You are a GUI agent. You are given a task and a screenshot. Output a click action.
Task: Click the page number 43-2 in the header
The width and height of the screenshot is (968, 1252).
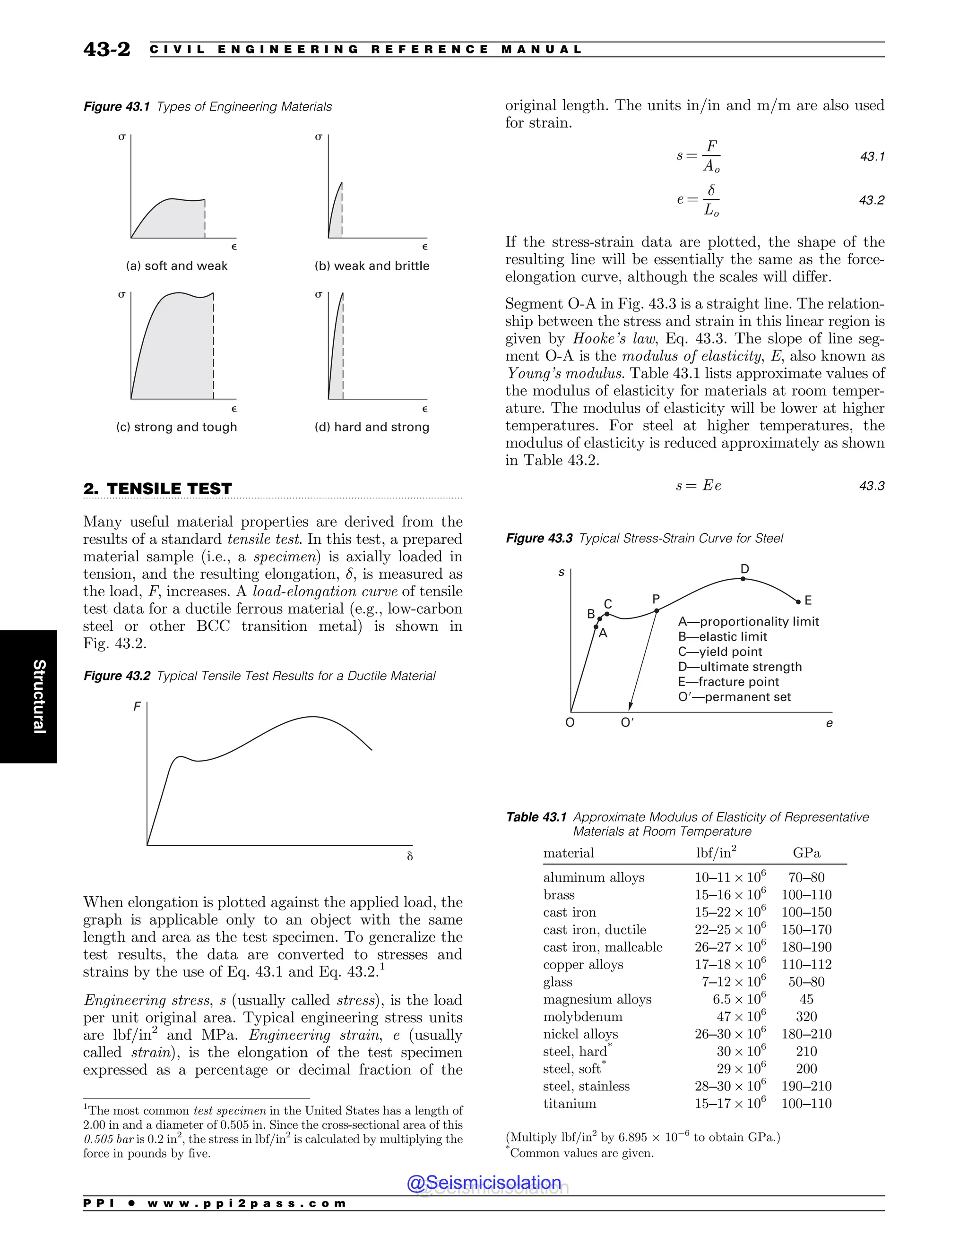pyautogui.click(x=107, y=49)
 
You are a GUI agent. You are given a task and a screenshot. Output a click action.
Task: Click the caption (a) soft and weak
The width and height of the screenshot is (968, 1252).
pyautogui.click(x=177, y=266)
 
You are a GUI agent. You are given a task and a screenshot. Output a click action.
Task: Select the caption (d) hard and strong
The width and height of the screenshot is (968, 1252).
pyautogui.click(x=372, y=427)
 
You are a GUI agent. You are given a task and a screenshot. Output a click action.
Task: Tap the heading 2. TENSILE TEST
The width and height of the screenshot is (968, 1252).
pyautogui.click(x=158, y=489)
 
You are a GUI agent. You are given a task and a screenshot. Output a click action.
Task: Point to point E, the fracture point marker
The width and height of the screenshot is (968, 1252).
pyautogui.click(x=798, y=602)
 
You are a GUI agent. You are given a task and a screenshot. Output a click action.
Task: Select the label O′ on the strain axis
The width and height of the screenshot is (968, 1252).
pyautogui.click(x=627, y=723)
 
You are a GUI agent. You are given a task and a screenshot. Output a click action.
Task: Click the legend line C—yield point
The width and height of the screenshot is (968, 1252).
pyautogui.click(x=720, y=652)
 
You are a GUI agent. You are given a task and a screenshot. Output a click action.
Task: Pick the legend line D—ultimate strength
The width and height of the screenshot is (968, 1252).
pyautogui.click(x=740, y=667)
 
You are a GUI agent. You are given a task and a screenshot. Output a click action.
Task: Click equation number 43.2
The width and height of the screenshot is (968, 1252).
pyautogui.click(x=871, y=200)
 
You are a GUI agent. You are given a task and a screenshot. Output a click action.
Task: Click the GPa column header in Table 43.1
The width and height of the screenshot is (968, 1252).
pyautogui.click(x=806, y=853)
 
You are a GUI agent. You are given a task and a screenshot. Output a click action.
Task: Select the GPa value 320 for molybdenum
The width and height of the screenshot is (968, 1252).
pyautogui.click(x=806, y=1016)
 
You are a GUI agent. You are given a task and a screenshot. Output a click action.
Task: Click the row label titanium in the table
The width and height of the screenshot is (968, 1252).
pyautogui.click(x=570, y=1104)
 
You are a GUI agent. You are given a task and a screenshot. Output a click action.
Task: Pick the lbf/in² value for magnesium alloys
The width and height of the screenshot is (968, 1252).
pyautogui.click(x=739, y=999)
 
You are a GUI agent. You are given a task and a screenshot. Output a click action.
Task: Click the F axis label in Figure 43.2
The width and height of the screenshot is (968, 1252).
pyautogui.click(x=137, y=707)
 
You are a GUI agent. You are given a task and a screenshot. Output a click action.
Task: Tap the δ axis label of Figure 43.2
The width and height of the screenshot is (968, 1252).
pyautogui.click(x=409, y=857)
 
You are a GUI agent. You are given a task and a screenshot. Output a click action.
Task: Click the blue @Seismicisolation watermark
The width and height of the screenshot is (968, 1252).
pyautogui.click(x=484, y=1182)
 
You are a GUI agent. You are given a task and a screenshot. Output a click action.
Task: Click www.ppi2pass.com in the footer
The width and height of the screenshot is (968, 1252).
pyautogui.click(x=247, y=1203)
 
